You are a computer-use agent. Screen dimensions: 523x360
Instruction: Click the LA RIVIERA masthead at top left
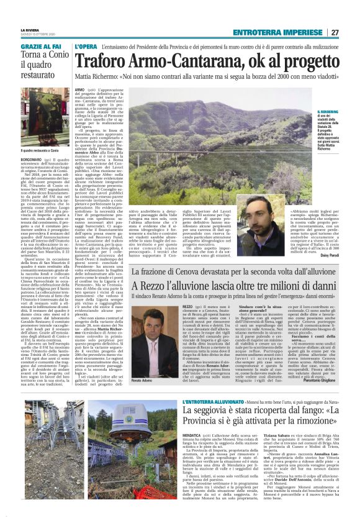(30, 30)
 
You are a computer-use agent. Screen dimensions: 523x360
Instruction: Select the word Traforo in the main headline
(102, 61)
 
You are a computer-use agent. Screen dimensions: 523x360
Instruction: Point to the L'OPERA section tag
(86, 47)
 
